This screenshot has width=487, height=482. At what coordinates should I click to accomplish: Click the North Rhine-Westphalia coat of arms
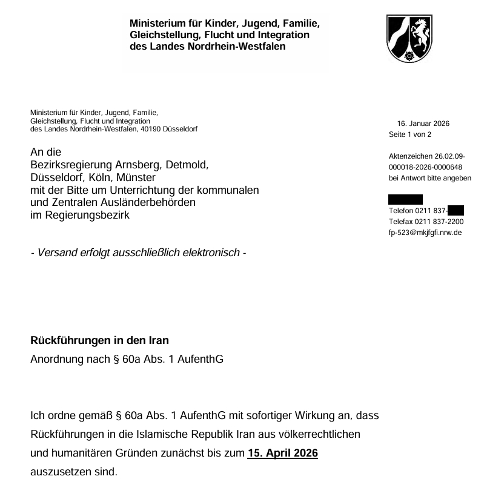click(x=409, y=39)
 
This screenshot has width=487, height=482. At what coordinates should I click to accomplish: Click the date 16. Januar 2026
click(x=423, y=124)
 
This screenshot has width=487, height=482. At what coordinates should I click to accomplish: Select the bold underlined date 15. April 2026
click(x=283, y=452)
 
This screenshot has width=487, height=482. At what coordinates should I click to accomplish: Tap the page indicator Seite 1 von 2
click(x=410, y=134)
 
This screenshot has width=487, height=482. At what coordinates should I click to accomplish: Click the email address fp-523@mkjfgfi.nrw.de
click(x=425, y=233)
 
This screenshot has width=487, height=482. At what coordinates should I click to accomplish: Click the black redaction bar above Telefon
click(x=405, y=199)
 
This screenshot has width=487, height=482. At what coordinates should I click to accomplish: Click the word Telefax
click(x=400, y=222)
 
